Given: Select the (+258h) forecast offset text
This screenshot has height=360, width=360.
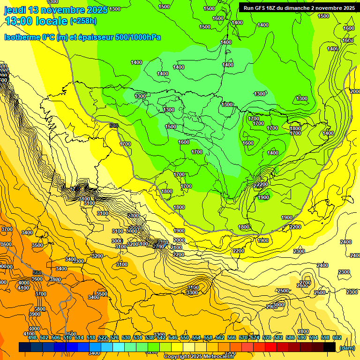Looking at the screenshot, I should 83,21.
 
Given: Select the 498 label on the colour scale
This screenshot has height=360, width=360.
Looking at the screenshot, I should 32,337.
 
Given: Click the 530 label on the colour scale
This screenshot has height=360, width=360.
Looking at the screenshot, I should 126,337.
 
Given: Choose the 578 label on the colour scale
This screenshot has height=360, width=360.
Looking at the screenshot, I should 267,337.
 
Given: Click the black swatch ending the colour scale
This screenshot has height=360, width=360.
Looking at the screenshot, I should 330,347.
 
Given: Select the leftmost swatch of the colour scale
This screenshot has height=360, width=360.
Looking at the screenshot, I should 25,347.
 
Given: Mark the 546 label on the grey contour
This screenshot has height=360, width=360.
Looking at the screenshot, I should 114,126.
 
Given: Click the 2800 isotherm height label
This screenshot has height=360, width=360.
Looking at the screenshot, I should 303,331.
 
